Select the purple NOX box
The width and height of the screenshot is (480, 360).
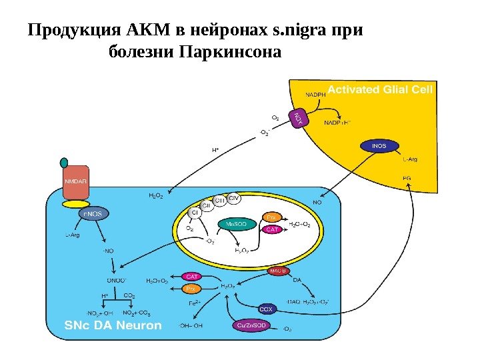coord(299,119)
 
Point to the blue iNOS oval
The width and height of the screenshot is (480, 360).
coord(379,145)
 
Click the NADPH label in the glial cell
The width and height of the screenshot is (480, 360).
coord(315,95)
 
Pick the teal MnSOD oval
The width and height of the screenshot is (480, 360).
coord(236,224)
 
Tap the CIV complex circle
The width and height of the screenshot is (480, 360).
coord(235,198)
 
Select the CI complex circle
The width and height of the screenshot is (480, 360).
coord(195,213)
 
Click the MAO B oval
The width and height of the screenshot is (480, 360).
coord(278,271)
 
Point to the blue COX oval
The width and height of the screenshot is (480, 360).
coord(266,309)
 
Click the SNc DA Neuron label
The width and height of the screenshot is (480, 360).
coord(113,325)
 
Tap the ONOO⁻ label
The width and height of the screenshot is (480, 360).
coord(117,280)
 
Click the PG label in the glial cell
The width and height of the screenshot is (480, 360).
coord(407,178)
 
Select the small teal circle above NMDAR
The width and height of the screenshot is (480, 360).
coord(64,163)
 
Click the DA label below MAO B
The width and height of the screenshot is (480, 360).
coord(297,280)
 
